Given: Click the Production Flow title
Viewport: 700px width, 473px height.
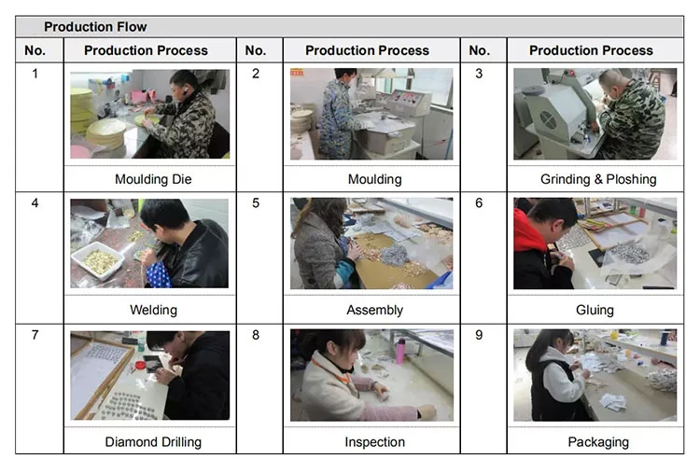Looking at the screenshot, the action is click(x=95, y=27).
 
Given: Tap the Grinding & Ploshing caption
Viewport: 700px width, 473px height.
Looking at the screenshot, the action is click(x=598, y=179).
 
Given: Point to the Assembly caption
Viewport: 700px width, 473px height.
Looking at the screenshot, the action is click(x=374, y=310).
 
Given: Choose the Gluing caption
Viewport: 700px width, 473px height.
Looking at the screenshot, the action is click(x=595, y=310).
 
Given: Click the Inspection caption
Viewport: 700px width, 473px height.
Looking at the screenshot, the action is click(x=374, y=442).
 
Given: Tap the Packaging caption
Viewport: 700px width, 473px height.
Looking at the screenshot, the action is click(x=598, y=442).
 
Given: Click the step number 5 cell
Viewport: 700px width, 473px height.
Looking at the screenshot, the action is click(x=256, y=202).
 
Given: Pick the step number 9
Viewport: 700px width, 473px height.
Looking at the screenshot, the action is click(x=479, y=335).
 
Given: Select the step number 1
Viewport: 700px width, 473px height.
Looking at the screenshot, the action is click(x=35, y=74).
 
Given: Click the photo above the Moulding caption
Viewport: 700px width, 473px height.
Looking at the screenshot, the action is click(x=371, y=114).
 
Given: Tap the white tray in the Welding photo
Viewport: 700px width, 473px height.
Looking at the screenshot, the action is click(x=97, y=260).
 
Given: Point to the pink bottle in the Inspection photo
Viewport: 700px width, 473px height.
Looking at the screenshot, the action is click(x=400, y=351).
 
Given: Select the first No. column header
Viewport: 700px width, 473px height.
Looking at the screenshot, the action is click(x=35, y=50).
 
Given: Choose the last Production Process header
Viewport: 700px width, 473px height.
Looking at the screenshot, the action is click(x=591, y=50).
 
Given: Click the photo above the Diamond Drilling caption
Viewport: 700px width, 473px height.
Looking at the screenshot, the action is click(x=149, y=375).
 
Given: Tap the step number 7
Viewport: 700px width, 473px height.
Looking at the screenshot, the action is click(x=35, y=335).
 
